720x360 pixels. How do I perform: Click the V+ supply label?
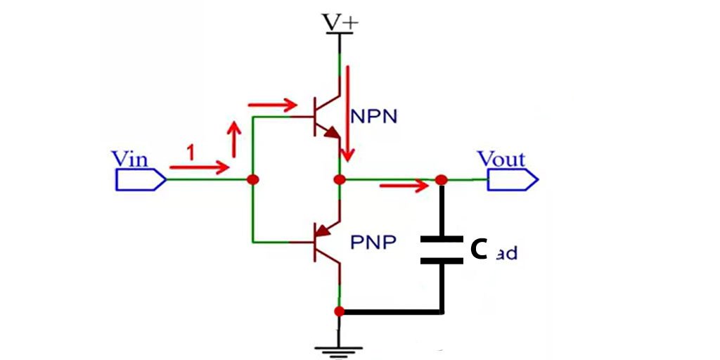click(x=340, y=22)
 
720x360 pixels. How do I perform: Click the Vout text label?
click(x=501, y=158)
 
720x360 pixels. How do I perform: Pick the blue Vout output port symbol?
click(x=513, y=180)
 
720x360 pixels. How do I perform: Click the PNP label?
click(x=373, y=243)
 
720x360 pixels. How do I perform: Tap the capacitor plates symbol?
click(x=442, y=250)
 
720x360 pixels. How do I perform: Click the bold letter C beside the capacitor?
click(x=479, y=249)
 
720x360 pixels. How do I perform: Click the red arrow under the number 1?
click(x=200, y=167)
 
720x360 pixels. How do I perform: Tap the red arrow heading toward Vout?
click(x=404, y=186)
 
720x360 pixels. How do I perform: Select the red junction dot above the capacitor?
click(x=442, y=180)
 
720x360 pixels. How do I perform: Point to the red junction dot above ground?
click(x=340, y=311)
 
